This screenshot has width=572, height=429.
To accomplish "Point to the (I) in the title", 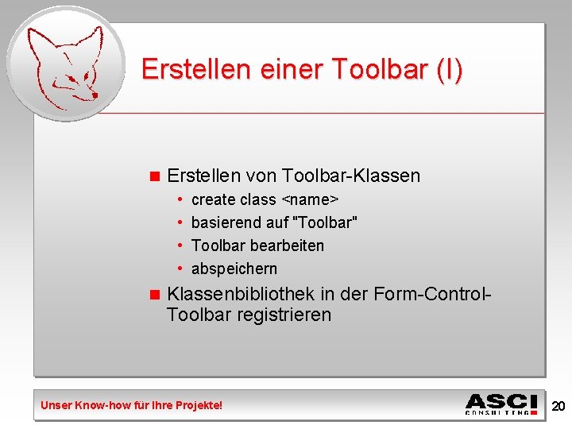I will pyautogui.click(x=449, y=69).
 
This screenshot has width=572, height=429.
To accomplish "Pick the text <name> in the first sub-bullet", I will pyautogui.click(x=311, y=199).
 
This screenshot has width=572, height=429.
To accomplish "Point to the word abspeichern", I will pyautogui.click(x=234, y=269).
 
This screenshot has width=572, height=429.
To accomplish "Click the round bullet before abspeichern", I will pyautogui.click(x=182, y=269).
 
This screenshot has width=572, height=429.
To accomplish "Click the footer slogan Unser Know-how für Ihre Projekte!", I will pyautogui.click(x=132, y=405).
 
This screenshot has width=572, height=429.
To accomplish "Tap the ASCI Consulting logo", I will pyautogui.click(x=502, y=404).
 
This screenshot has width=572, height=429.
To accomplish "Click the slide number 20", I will pyautogui.click(x=558, y=406).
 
